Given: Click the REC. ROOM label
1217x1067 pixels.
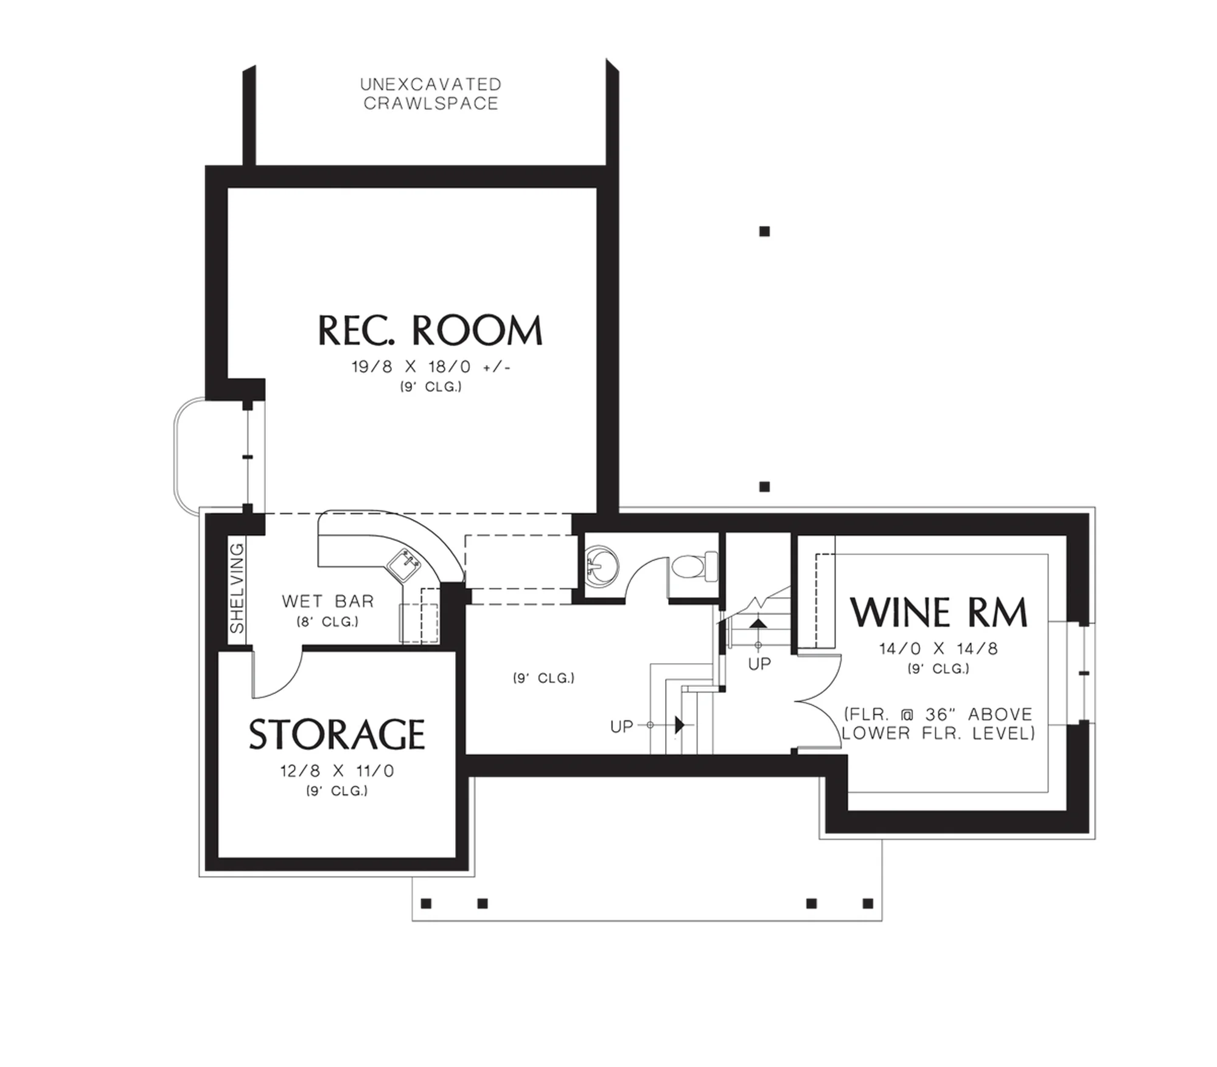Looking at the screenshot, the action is tap(430, 331).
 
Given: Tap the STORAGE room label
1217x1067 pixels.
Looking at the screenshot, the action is tap(337, 734).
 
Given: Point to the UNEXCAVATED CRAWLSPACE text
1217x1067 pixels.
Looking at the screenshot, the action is tap(431, 94).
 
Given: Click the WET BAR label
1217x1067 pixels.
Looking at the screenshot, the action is tap(328, 601).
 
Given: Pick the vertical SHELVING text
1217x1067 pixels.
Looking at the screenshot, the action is tap(237, 588).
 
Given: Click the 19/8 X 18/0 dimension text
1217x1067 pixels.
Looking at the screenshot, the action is tap(431, 367).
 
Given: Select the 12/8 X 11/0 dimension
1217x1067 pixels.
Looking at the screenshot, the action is tap(337, 771).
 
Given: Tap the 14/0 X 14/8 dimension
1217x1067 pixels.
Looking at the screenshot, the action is tap(938, 648).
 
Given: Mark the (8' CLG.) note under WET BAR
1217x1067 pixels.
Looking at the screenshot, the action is tap(328, 622).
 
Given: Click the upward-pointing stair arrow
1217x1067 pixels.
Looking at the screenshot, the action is tap(758, 623).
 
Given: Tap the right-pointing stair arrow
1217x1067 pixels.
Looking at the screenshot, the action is tap(680, 725).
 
